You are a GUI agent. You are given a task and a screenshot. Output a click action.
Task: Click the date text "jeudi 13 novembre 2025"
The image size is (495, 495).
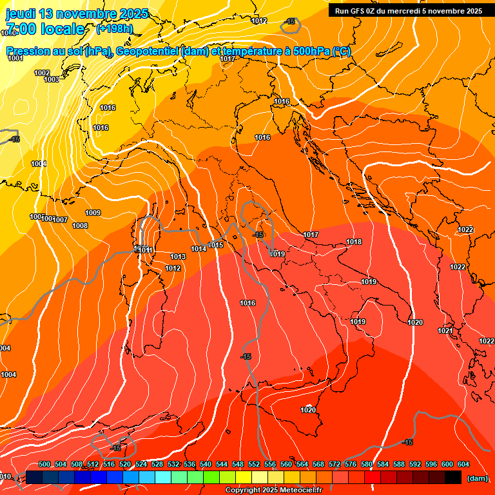[77, 14]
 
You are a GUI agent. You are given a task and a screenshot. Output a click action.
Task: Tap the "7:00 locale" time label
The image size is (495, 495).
[44, 29]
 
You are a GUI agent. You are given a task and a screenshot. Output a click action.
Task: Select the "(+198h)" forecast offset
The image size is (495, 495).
[114, 29]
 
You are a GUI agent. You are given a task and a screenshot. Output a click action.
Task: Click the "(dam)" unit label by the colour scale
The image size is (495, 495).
[476, 478]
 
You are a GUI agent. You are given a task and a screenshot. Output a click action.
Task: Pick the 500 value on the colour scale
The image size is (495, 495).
[44, 464]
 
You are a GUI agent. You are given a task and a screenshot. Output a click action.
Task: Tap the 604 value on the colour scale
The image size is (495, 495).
[463, 464]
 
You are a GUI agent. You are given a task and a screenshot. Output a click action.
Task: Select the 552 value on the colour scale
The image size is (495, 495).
[254, 464]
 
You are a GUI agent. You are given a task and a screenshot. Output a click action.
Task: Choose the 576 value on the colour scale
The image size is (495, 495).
[351, 464]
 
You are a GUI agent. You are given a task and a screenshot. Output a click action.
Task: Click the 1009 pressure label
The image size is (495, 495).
[93, 213]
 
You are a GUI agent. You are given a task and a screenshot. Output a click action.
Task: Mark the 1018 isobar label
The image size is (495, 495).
[354, 242]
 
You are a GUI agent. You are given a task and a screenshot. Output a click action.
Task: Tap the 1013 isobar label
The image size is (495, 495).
[178, 257]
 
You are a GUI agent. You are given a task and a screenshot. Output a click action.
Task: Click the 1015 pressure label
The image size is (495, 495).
[216, 246]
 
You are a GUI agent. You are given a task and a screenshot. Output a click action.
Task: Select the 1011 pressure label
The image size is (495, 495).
[146, 250]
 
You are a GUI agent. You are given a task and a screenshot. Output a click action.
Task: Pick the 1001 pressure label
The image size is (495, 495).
[15, 59]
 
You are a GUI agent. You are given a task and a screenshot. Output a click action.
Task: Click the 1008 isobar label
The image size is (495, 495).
[80, 226]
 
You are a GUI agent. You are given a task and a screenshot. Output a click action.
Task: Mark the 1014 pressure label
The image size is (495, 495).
[199, 249]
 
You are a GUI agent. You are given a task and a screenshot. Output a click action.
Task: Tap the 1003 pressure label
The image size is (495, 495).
[52, 79]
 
